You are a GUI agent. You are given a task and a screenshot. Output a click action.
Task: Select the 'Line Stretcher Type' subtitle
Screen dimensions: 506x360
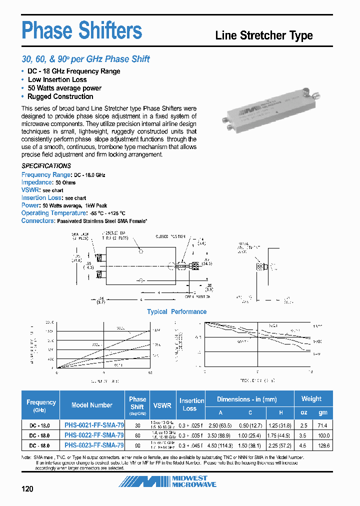point(263,35)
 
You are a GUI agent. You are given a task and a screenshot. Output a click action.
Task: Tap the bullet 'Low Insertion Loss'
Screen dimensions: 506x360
point(57,79)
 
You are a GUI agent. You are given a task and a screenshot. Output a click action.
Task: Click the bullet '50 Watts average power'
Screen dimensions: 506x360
point(64,88)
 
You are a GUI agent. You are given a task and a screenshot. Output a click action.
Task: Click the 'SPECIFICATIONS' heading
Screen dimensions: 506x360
point(46,166)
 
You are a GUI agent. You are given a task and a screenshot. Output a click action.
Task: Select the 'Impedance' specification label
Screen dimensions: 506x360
point(37,182)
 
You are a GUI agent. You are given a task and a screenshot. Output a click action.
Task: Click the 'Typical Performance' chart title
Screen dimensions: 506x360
point(176,311)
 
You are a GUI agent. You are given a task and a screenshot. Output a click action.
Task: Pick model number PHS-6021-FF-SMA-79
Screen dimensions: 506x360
point(94,425)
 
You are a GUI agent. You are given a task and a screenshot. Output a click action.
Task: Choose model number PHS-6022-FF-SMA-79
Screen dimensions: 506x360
point(94,435)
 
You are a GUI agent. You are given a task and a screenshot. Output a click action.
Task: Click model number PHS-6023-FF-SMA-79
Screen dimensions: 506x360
point(94,445)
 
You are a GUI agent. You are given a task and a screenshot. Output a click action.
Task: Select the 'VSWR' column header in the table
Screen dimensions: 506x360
point(162,405)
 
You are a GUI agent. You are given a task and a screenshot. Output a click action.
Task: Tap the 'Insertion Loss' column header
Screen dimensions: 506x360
point(192,404)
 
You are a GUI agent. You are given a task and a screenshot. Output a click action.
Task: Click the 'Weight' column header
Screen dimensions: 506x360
point(311,398)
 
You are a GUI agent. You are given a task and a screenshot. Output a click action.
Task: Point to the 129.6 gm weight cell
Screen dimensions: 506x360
point(322,445)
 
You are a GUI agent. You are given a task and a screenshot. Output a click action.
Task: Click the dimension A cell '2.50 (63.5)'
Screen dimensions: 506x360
point(220,425)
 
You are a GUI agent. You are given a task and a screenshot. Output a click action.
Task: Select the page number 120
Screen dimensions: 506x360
point(27,488)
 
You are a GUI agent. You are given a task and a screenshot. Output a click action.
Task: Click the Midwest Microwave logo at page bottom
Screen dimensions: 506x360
point(167,481)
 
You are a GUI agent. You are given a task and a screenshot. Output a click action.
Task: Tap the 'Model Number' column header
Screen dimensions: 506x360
point(92,405)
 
